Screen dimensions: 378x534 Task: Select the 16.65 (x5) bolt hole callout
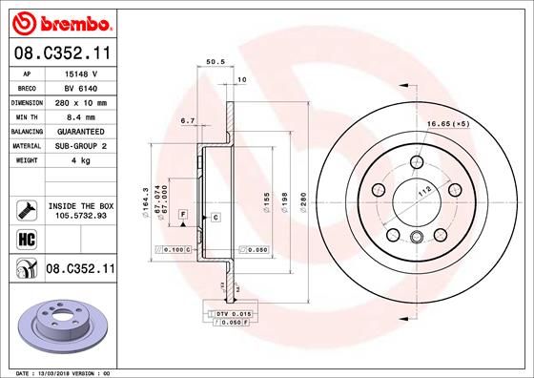click(474, 123)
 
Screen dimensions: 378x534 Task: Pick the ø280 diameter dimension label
click(302, 200)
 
